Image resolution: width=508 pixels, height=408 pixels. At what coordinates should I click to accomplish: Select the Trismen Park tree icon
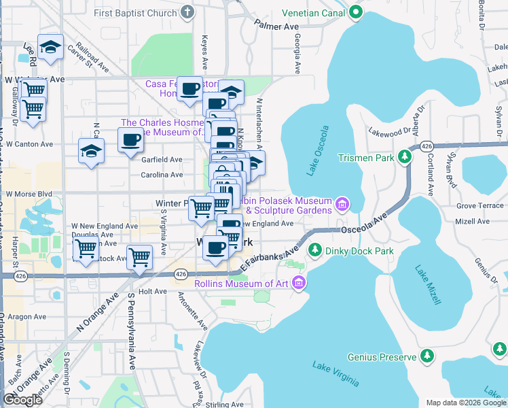click(x=405, y=158)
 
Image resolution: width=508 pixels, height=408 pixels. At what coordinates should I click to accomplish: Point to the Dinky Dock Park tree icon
click(x=314, y=251)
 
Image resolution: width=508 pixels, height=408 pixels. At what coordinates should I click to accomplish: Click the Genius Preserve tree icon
click(x=427, y=356)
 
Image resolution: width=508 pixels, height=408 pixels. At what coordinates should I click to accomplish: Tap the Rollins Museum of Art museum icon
click(x=300, y=284)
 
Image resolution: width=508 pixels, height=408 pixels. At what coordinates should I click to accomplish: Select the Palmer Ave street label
click(x=277, y=26)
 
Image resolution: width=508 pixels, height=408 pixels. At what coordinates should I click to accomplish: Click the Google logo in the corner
click(x=22, y=400)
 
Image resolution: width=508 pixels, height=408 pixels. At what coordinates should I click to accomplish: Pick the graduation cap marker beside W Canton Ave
click(x=91, y=152)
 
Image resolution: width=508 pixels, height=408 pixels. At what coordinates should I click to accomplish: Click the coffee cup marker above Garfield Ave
click(x=130, y=141)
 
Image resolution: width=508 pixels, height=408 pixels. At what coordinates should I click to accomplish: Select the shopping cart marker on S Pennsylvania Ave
click(x=139, y=258)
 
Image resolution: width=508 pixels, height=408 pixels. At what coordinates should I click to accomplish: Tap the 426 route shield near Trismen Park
click(x=427, y=146)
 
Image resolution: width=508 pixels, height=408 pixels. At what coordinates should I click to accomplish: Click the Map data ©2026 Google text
click(x=465, y=402)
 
